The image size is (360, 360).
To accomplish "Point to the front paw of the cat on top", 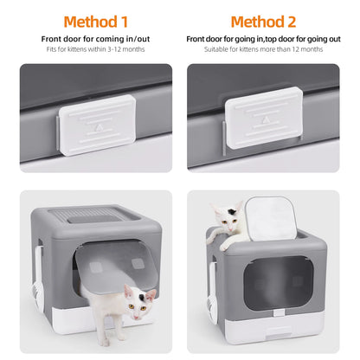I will click(227, 245).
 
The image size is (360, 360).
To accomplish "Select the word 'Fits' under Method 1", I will click(51, 49).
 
